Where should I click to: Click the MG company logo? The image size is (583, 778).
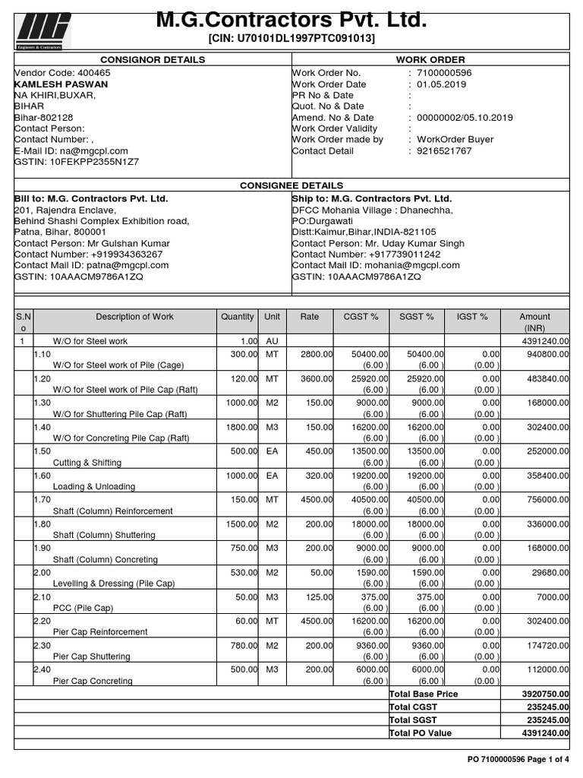click(43, 31)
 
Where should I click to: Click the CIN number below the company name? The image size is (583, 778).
click(291, 39)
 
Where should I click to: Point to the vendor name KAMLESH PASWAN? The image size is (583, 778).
click(61, 84)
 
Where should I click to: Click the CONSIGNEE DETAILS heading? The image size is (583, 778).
click(291, 185)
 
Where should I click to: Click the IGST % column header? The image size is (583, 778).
click(472, 317)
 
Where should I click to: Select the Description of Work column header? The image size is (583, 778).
click(134, 317)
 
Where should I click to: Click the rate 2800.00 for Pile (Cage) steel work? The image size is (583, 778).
click(316, 354)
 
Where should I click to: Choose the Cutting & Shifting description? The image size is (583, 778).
click(87, 463)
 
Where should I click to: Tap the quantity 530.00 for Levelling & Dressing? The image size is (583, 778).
click(242, 573)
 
